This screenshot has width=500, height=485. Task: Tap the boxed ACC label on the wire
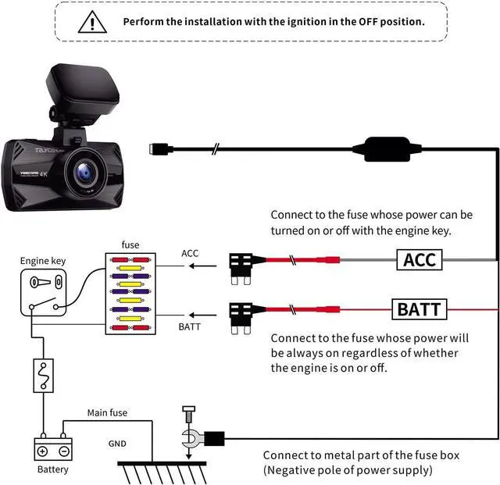click(x=419, y=259)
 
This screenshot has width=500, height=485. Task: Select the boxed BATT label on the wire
click(x=419, y=309)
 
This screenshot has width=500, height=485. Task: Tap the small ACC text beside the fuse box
click(x=190, y=254)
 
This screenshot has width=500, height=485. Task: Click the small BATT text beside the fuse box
click(x=190, y=326)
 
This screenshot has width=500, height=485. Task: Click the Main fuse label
click(x=107, y=412)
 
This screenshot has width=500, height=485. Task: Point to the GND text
click(x=117, y=442)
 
